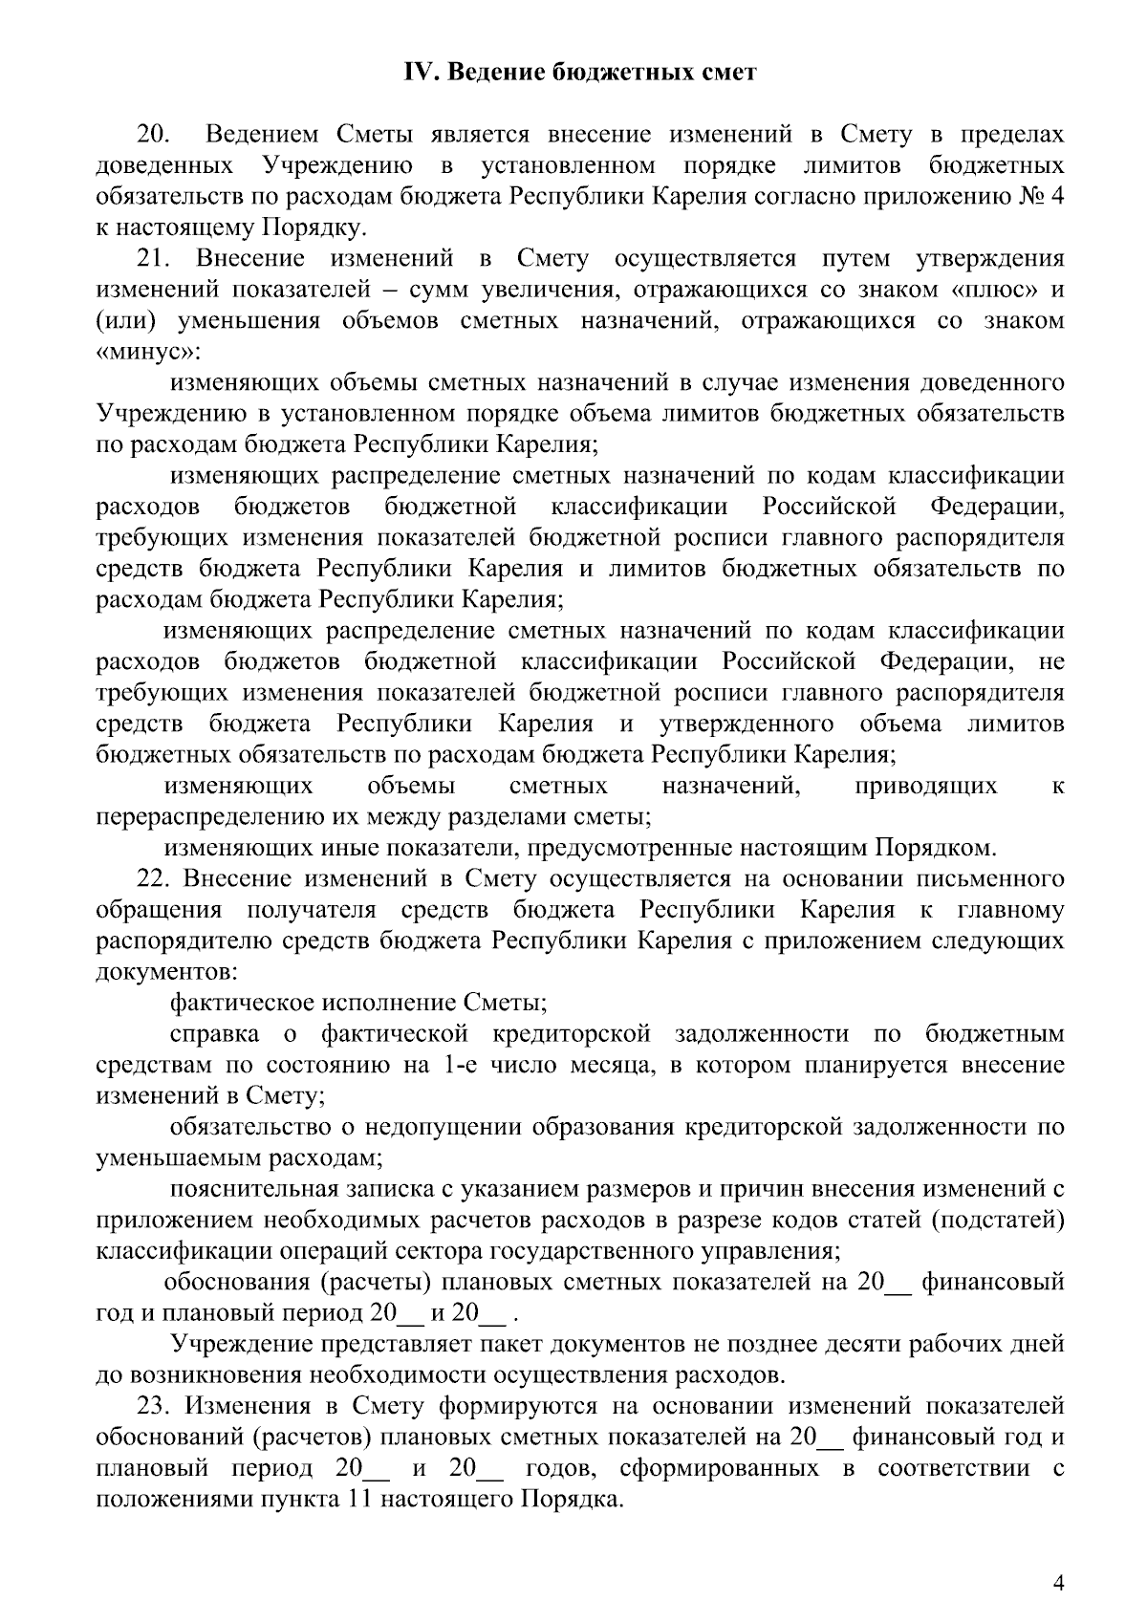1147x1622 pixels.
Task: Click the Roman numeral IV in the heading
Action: [x=419, y=73]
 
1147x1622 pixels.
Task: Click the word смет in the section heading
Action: [x=724, y=73]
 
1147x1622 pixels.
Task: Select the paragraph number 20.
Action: [x=155, y=135]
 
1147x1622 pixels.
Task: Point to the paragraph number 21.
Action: [x=155, y=259]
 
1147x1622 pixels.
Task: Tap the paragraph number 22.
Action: [x=155, y=878]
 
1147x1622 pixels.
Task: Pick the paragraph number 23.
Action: [x=155, y=1405]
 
